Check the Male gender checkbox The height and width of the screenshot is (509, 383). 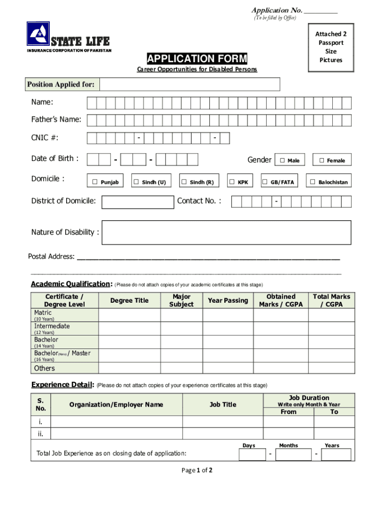point(282,161)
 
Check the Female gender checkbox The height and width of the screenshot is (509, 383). point(321,161)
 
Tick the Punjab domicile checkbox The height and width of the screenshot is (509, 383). point(95,182)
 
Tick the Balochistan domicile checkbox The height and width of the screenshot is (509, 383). point(313,182)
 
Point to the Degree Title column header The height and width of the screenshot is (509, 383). point(129,300)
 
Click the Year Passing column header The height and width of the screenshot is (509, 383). point(228,300)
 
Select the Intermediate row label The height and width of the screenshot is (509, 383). point(52,326)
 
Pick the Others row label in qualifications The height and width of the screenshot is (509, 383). point(44,368)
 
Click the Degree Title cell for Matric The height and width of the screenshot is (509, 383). point(129,315)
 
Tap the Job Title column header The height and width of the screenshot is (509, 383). point(223,405)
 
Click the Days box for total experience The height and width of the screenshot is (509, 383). point(253,454)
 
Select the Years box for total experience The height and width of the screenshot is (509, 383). point(336,454)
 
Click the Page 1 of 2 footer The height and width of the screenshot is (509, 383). point(197,470)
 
